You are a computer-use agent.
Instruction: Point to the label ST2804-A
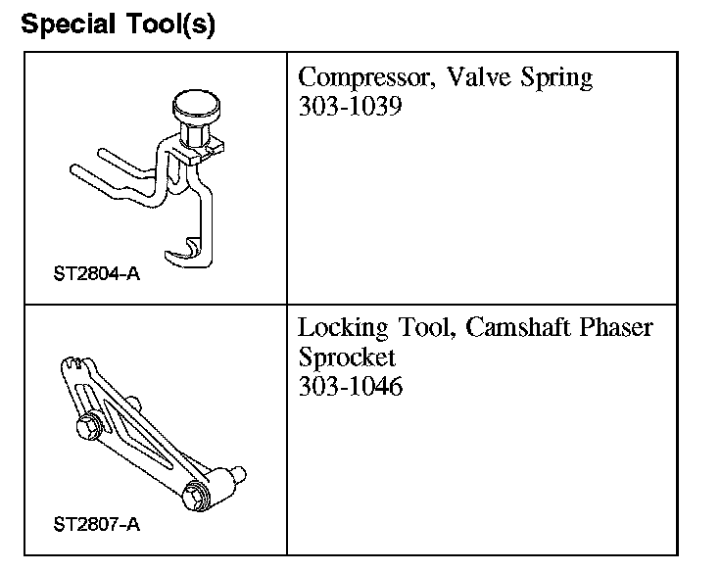pyautogui.click(x=96, y=273)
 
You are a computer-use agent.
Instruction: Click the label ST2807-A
pyautogui.click(x=96, y=523)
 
